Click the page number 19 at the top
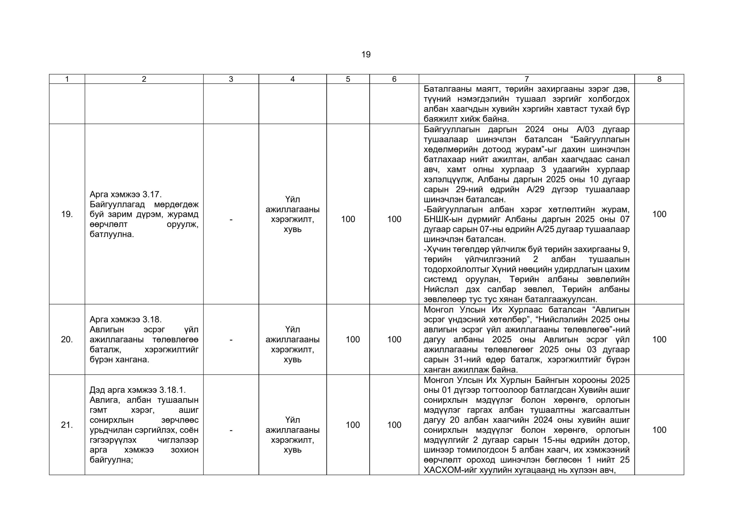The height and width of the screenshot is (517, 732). [366, 55]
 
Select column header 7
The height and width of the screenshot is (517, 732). [526, 79]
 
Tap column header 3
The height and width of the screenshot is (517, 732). [231, 79]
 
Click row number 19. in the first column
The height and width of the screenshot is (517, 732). [67, 215]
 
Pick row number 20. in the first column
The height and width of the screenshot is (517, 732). [67, 340]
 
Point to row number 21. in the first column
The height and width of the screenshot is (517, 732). [67, 425]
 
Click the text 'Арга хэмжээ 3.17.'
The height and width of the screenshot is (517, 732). [126, 194]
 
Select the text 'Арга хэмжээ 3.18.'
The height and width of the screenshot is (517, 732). [126, 320]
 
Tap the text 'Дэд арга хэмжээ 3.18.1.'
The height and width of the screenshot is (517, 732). [138, 390]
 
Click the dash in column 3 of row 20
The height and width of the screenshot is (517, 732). [231, 340]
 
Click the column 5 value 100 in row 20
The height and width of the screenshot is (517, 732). [353, 340]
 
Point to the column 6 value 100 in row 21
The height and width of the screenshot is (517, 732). [394, 425]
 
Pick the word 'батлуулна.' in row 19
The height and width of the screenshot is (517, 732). [112, 235]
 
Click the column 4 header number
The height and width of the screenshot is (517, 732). [292, 79]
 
